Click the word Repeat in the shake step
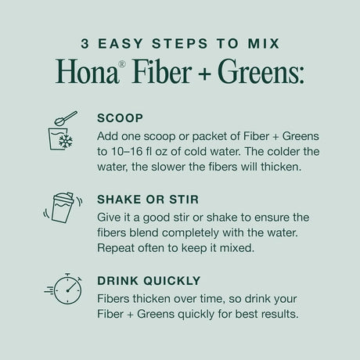tap(117, 250)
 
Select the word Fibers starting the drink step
tap(115, 300)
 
